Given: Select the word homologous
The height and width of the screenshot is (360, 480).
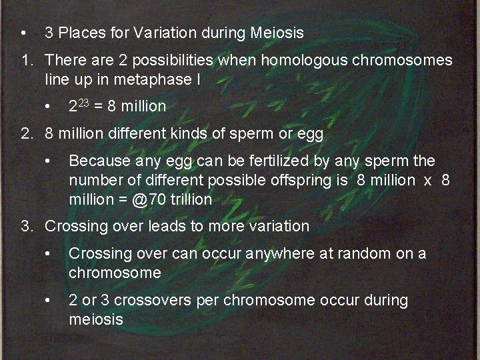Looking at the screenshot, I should click(302, 61).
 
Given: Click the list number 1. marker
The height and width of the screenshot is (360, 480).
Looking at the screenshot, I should click(27, 61).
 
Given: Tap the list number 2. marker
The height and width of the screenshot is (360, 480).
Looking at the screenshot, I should click(27, 134).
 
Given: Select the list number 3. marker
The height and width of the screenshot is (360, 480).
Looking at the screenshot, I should click(27, 226).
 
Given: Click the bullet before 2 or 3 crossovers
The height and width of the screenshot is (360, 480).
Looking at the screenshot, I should click(48, 301).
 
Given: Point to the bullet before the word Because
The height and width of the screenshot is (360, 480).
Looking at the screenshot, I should click(48, 161).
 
